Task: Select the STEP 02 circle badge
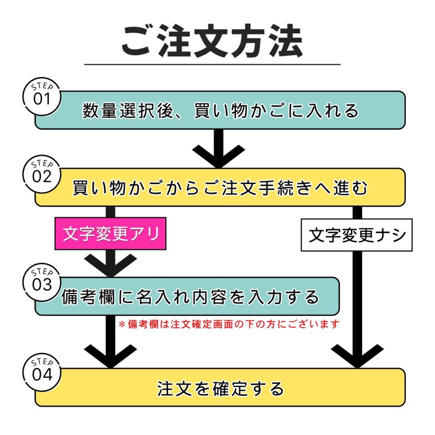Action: pos(42,174)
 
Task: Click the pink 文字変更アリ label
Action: pos(111,235)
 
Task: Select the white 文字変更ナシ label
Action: pos(357,235)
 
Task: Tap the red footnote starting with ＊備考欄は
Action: pos(229,324)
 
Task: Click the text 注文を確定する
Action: pos(220,388)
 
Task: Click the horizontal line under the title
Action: pos(212,64)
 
